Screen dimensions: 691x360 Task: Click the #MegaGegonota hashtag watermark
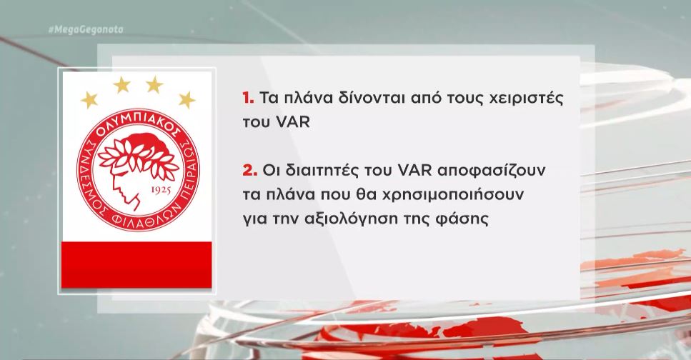click(x=86, y=30)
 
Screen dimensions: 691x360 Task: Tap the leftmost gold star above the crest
click(x=89, y=100)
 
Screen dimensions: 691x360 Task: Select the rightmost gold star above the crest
click(x=187, y=100)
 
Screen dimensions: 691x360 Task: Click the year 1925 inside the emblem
click(x=161, y=190)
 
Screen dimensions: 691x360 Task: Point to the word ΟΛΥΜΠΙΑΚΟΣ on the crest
click(x=137, y=125)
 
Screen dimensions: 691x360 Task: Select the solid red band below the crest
click(x=136, y=265)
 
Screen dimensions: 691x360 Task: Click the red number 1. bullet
click(x=248, y=98)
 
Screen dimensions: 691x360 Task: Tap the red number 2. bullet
click(x=250, y=170)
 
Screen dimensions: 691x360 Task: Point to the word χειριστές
click(x=527, y=99)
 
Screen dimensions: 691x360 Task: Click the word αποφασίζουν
click(x=491, y=171)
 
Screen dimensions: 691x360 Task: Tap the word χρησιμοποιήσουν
click(x=452, y=195)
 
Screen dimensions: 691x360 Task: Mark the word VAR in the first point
click(x=292, y=122)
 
